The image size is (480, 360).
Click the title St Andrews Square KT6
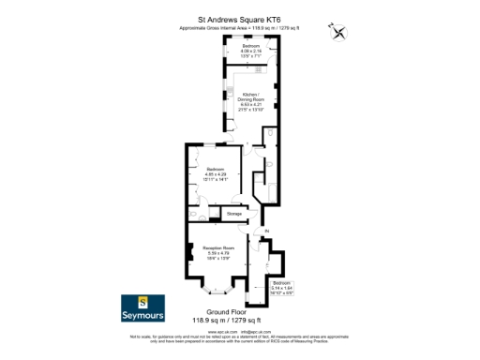point(240,17)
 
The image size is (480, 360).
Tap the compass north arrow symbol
point(339,33)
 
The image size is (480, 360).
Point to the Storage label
point(234,214)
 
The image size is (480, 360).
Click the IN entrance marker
point(266,231)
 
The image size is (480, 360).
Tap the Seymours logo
point(142,307)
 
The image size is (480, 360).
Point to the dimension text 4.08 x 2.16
point(251,51)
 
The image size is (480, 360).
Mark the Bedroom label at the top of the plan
point(251,45)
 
